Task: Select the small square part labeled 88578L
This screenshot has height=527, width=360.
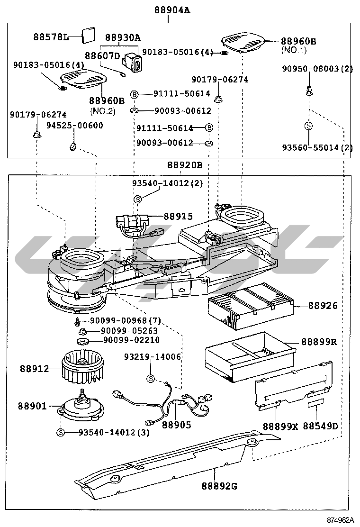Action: [88, 35]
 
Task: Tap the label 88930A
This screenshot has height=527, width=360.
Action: [123, 37]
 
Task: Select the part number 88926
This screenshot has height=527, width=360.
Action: [323, 306]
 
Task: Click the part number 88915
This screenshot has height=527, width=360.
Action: [178, 217]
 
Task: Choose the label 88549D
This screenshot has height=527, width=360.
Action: [321, 426]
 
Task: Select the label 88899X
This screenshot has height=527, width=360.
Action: [280, 426]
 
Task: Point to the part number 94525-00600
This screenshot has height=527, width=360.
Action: [74, 126]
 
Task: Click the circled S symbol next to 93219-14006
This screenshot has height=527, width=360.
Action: [150, 378]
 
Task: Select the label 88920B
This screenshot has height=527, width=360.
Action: [185, 165]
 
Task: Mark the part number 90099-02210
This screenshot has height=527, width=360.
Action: [131, 340]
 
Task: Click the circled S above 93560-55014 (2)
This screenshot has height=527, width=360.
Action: [308, 126]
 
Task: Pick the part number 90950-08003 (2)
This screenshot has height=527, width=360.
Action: [317, 69]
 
